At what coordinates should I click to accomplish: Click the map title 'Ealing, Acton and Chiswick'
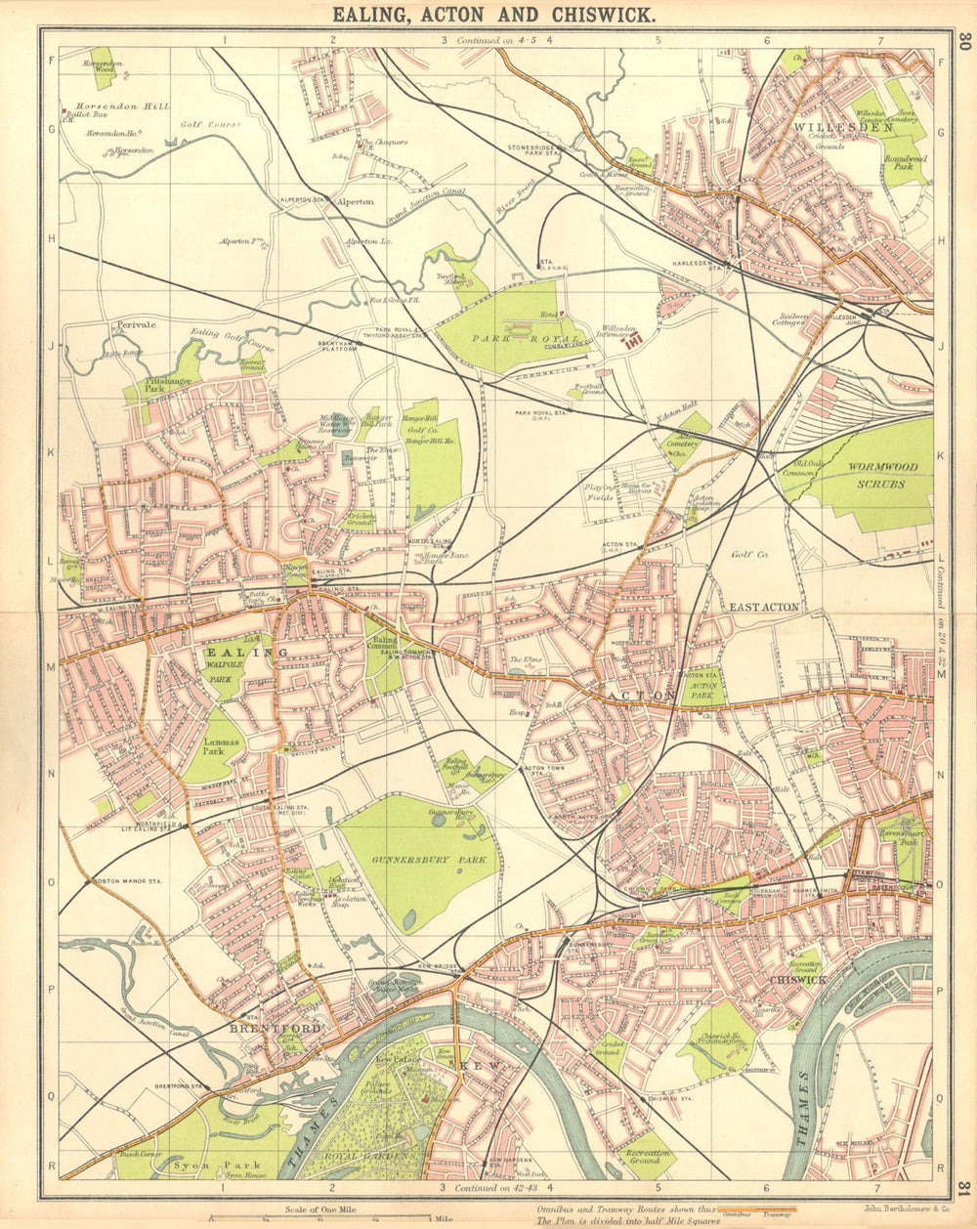click(x=493, y=15)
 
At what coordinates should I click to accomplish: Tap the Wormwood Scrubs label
click(x=856, y=475)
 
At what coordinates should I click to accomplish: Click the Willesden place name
click(x=829, y=127)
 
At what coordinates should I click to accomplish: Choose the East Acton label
click(x=764, y=607)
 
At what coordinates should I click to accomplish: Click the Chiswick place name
click(x=797, y=979)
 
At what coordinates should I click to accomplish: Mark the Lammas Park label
click(x=214, y=747)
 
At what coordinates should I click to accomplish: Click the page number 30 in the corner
click(x=963, y=41)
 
